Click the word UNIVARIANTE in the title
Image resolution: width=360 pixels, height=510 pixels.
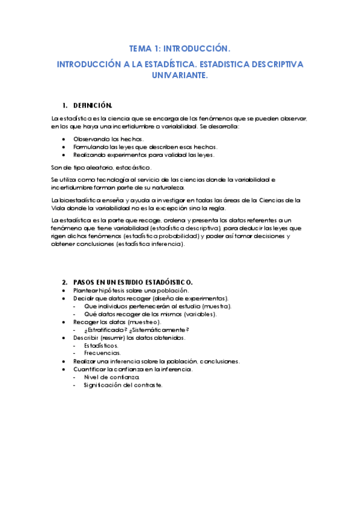pyautogui.click(x=180, y=75)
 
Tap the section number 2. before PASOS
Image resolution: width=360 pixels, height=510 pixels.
pyautogui.click(x=65, y=282)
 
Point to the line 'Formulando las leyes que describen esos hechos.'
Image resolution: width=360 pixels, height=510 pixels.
pyautogui.click(x=145, y=147)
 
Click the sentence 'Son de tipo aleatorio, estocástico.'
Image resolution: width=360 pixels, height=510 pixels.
pyautogui.click(x=102, y=167)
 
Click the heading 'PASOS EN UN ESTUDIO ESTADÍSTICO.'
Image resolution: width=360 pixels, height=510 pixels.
pyautogui.click(x=133, y=282)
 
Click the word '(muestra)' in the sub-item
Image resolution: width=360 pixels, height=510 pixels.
pyautogui.click(x=217, y=306)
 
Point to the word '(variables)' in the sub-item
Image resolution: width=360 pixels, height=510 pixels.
pyautogui.click(x=200, y=314)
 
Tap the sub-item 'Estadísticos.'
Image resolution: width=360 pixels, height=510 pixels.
pyautogui.click(x=101, y=346)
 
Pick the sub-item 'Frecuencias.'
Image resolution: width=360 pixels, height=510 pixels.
pyautogui.click(x=101, y=354)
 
